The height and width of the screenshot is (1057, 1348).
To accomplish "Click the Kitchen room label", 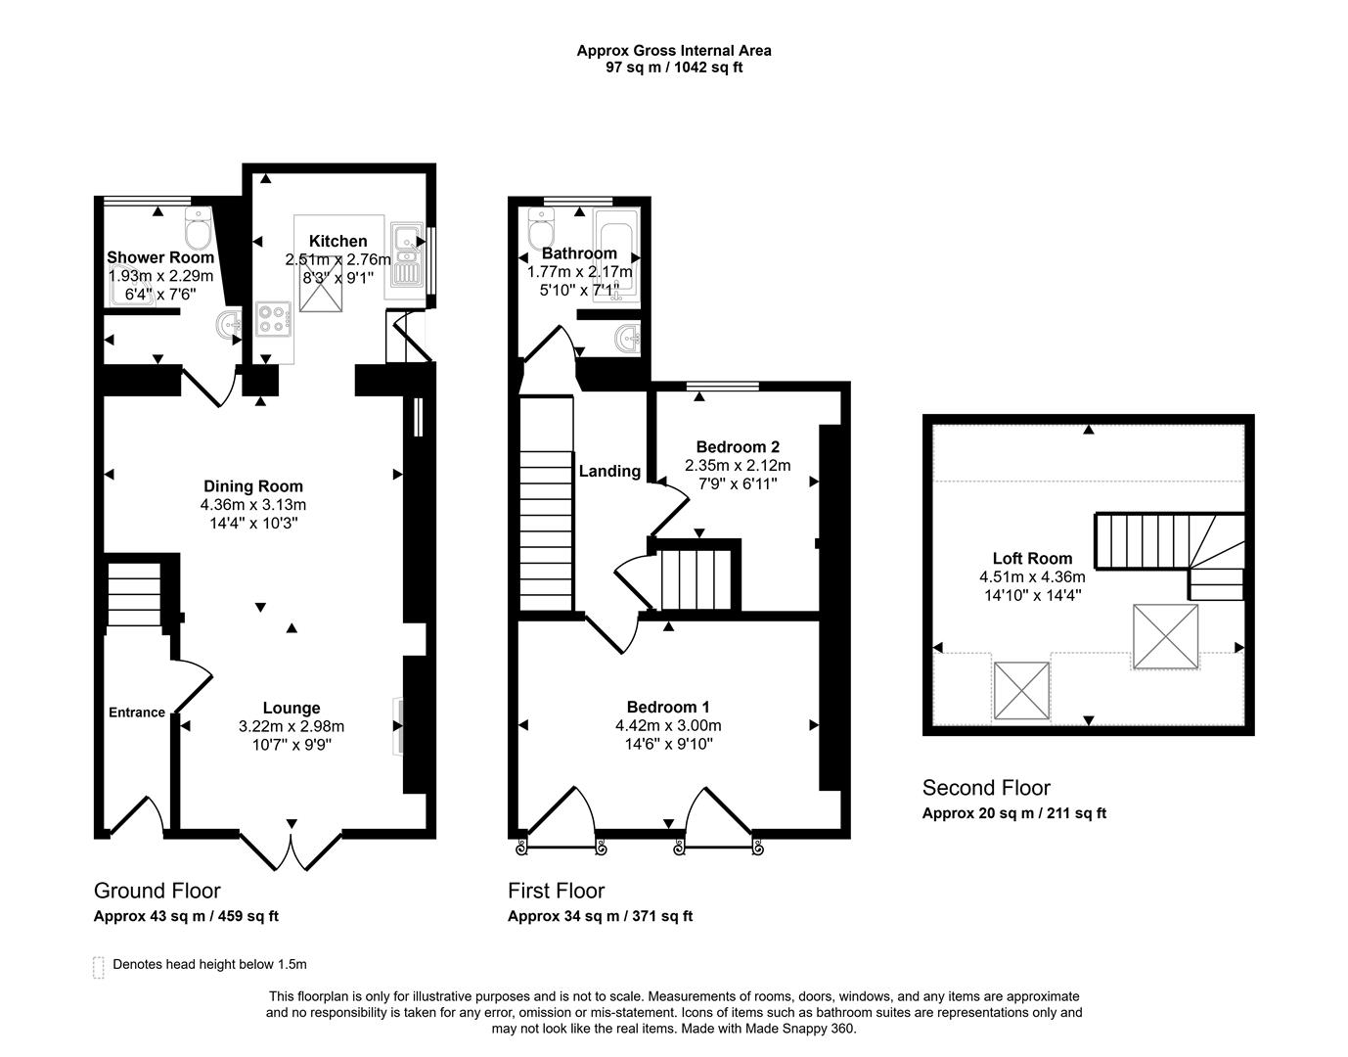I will coord(337,241).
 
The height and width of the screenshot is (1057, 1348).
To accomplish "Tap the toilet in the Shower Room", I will coord(198,230).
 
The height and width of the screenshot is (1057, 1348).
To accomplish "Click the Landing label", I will coord(609,472).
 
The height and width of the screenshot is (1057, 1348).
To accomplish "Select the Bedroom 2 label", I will coord(738,447).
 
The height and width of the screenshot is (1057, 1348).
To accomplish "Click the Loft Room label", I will coord(1032,559).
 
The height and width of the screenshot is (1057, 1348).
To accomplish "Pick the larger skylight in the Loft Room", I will coord(1165,636).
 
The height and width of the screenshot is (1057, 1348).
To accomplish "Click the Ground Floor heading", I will coord(157,891).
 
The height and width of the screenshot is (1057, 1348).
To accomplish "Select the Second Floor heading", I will coord(986,788).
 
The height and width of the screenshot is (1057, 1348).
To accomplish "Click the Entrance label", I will coord(136,712).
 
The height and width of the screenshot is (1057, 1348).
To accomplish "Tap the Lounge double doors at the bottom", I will coord(291,847).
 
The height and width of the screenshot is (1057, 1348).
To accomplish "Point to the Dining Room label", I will coord(253,486).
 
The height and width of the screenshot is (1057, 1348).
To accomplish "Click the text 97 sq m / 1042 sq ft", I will coord(674,68).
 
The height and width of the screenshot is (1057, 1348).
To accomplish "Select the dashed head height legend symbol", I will coord(98,967).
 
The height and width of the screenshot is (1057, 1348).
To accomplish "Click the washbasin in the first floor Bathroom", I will coord(626,340).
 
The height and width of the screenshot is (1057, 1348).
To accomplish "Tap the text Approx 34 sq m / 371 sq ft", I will coord(600,916).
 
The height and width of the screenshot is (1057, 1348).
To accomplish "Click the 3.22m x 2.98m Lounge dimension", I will coord(292,726).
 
